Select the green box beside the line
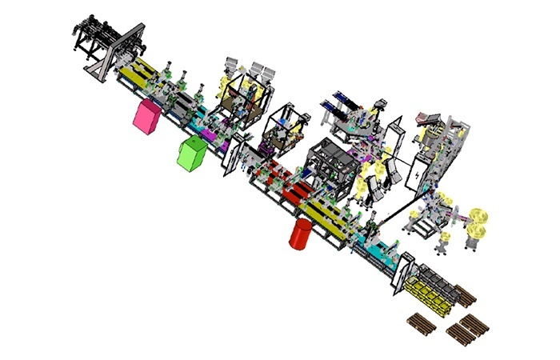(191, 153)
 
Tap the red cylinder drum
(301, 234)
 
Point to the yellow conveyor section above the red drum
(325, 218)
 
